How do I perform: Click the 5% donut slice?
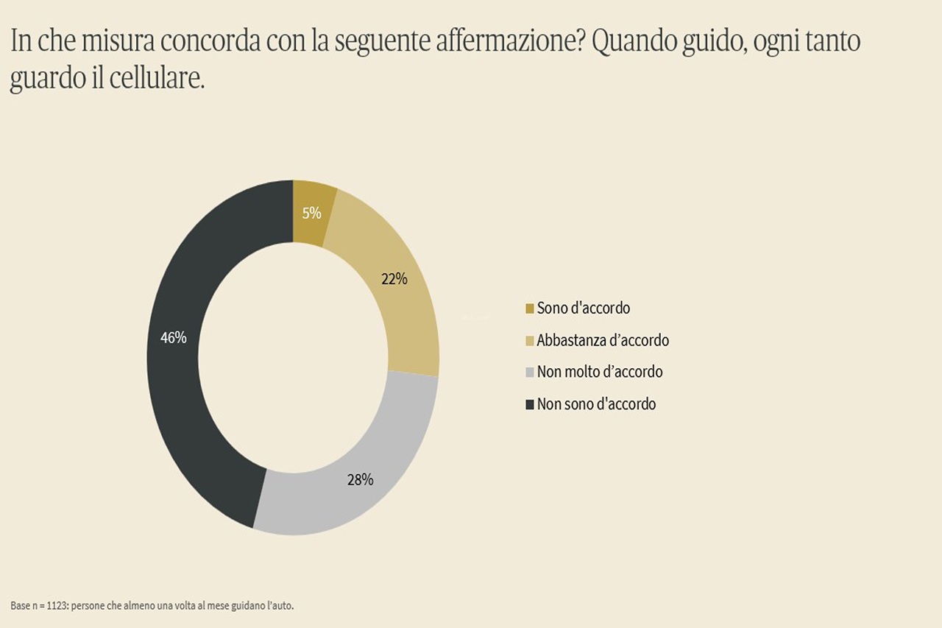[312, 213]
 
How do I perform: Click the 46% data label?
[173, 337]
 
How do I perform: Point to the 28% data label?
[361, 479]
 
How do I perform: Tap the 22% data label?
[394, 279]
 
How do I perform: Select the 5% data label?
[311, 214]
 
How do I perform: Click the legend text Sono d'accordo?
[584, 308]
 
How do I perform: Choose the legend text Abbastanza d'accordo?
[603, 340]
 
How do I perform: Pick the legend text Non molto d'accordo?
[600, 372]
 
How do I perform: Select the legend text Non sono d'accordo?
[596, 403]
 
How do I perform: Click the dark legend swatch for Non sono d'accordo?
[529, 405]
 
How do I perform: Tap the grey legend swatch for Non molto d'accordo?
[529, 373]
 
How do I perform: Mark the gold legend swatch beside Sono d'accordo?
[529, 308]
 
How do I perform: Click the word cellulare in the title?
[157, 78]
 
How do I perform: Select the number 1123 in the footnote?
[57, 606]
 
